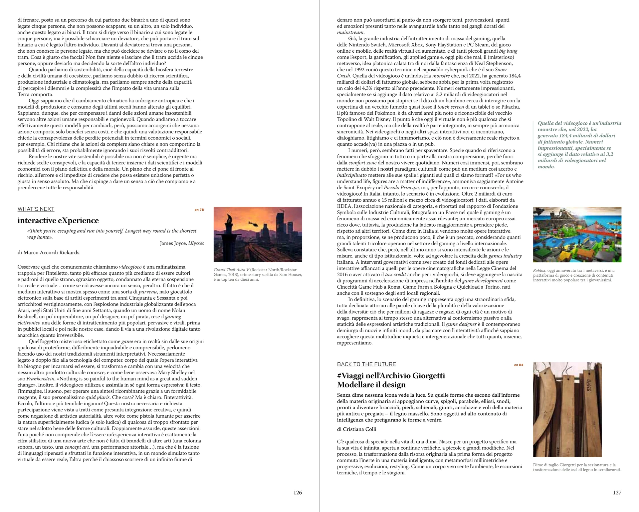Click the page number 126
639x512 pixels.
pyautogui.click(x=298, y=492)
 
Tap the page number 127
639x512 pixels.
pyautogui.click(x=617, y=492)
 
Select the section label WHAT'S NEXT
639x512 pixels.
pyautogui.click(x=36, y=209)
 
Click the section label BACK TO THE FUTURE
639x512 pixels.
pyautogui.click(x=366, y=364)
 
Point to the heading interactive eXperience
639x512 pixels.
pyautogui.click(x=58, y=220)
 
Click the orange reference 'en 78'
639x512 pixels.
pyautogui.click(x=199, y=210)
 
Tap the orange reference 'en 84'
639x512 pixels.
pyautogui.click(x=519, y=365)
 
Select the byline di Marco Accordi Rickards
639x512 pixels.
pyautogui.click(x=48, y=252)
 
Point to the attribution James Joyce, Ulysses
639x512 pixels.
pyautogui.click(x=182, y=243)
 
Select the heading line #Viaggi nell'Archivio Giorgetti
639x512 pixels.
pyautogui.click(x=391, y=376)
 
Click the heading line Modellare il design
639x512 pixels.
pyautogui.click(x=371, y=385)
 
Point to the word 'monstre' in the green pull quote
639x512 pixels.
pyautogui.click(x=547, y=129)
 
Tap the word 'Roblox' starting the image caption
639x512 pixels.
pyautogui.click(x=539, y=270)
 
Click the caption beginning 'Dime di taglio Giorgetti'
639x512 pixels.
pyautogui.click(x=577, y=467)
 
